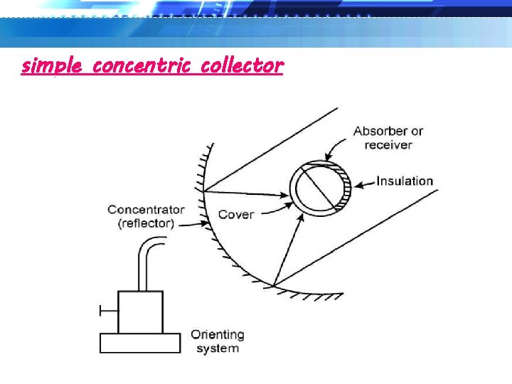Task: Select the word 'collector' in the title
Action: tap(242, 66)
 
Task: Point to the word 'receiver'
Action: tap(388, 144)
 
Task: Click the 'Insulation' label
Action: tap(404, 181)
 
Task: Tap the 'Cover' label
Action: tap(235, 214)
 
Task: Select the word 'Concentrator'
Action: tap(146, 210)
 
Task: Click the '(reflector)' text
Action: tap(146, 223)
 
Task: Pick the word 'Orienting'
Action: tap(217, 334)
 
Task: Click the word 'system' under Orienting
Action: tap(217, 348)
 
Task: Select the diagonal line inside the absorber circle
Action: tap(321, 187)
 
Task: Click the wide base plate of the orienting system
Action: tap(139, 343)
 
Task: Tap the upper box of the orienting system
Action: tap(140, 311)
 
